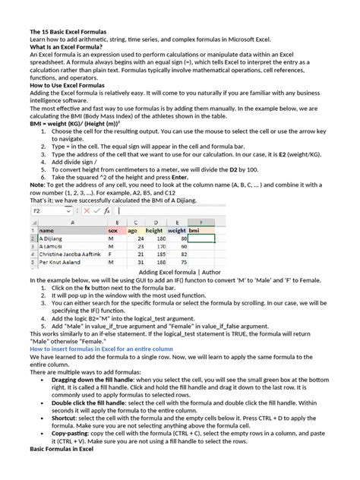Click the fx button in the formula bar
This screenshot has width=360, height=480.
[x=107, y=210]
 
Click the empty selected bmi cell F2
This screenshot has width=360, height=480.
[x=202, y=238]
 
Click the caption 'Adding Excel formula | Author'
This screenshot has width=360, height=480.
[x=180, y=271]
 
